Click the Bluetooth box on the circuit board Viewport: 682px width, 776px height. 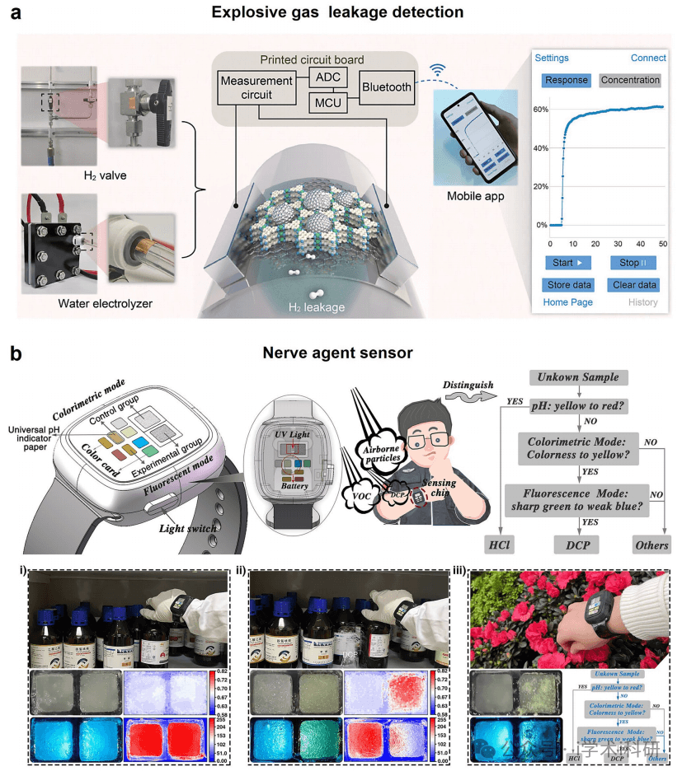pos(385,87)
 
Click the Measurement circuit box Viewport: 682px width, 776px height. pos(256,87)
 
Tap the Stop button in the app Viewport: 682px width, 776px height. pos(633,262)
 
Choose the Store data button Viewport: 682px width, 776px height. pos(568,285)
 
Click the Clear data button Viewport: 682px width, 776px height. pos(633,285)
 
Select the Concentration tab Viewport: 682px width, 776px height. pos(631,80)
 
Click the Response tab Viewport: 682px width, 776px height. pos(566,80)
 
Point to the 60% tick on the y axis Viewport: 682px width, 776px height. pos(540,109)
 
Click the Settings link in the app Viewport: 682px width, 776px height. pos(552,58)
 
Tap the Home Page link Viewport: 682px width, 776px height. pos(567,302)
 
